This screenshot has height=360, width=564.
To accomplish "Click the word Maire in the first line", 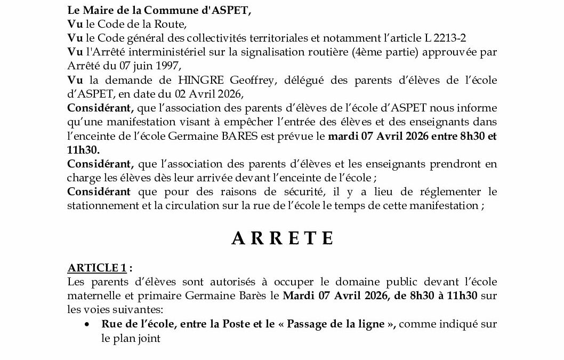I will pos(94,10).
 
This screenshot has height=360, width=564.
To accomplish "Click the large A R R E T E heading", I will pos(283,238).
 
